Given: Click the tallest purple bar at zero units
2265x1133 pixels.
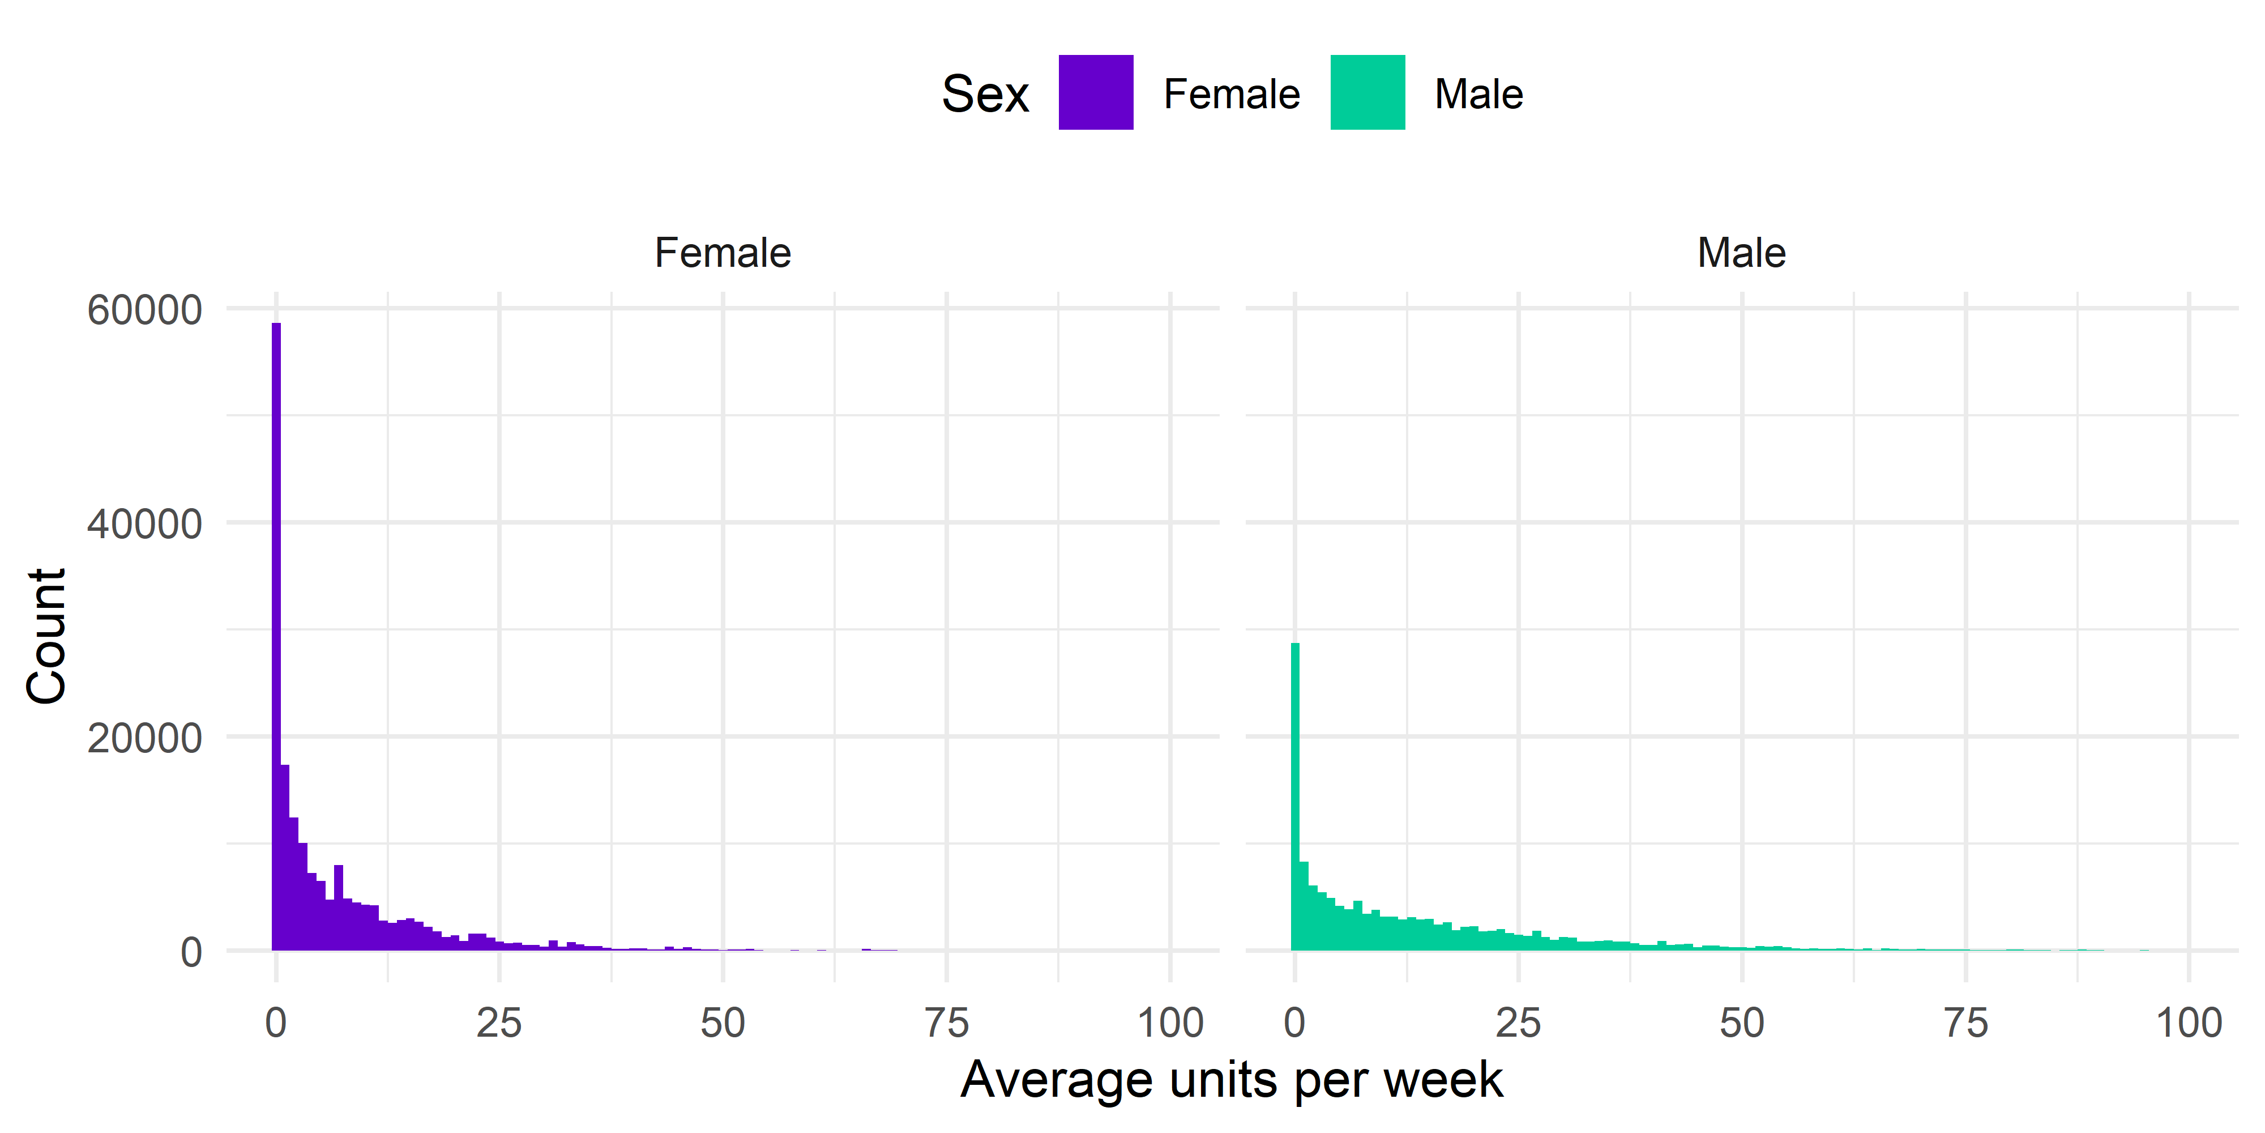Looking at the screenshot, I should (276, 633).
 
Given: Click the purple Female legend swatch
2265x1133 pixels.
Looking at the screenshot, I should (1096, 92).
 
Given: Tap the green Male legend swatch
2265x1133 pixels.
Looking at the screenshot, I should (1367, 92).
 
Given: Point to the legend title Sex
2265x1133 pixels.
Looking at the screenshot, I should (985, 94).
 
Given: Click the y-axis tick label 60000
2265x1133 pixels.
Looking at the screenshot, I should (144, 310).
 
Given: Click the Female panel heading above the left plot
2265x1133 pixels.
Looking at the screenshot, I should (723, 253).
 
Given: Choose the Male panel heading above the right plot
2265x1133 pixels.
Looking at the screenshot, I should (1741, 253).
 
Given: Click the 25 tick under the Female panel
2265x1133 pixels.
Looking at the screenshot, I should (499, 1023).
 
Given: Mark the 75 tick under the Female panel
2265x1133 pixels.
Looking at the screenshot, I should (946, 1023).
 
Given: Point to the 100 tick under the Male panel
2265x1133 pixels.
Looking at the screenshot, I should (2189, 1023).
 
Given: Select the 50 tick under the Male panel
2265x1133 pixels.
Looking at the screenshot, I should (1741, 1023).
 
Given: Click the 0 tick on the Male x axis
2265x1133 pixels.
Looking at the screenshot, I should (1294, 1023).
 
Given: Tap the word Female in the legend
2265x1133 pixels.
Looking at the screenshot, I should (1231, 94).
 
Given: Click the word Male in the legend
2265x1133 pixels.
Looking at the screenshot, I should (1478, 94).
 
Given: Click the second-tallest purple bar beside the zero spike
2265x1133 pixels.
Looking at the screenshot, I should (285, 858).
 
